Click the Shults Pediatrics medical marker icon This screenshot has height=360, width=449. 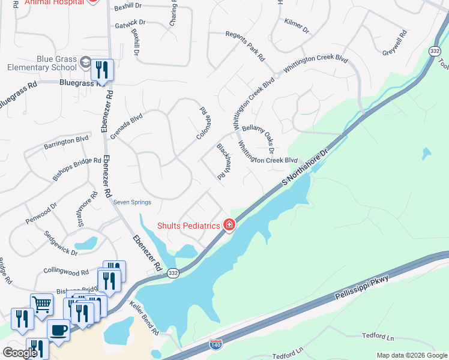tap(229, 225)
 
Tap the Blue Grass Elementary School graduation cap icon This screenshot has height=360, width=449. tap(86, 63)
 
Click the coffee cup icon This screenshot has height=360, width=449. tap(58, 329)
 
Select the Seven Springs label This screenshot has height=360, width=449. tap(132, 202)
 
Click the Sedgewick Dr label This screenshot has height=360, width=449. tap(61, 244)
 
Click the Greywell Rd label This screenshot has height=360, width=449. tap(394, 44)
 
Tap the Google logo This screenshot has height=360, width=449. tap(20, 353)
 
